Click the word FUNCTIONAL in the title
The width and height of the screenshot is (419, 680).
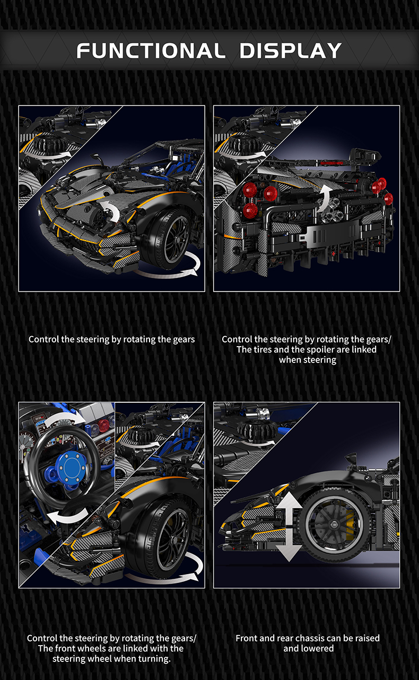151,51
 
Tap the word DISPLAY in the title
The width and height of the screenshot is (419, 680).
291,51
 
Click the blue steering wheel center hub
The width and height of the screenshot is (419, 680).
72,468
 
